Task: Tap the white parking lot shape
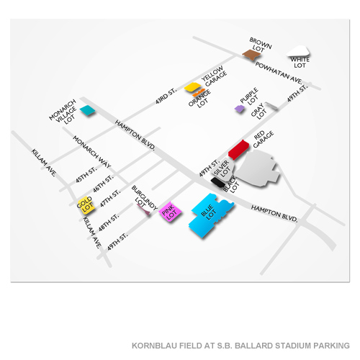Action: (298, 53)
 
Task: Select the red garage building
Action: (238, 149)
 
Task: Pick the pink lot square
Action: (170, 212)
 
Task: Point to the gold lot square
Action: (86, 204)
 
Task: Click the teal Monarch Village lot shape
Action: (87, 110)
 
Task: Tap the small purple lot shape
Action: (239, 109)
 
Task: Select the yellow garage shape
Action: (192, 88)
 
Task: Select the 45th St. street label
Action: (89, 176)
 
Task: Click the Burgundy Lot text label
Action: (140, 195)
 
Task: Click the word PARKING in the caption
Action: (327, 344)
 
